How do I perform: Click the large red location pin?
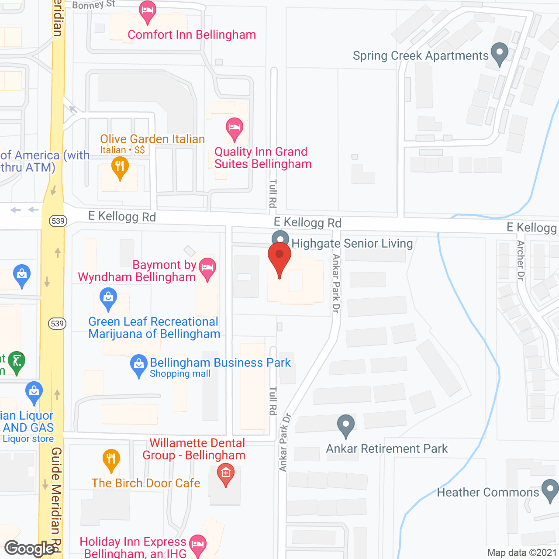pyautogui.click(x=279, y=258)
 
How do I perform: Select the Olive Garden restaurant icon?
pyautogui.click(x=120, y=167)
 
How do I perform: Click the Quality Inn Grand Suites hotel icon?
pyautogui.click(x=235, y=129)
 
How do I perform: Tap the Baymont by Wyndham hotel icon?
pyautogui.click(x=207, y=268)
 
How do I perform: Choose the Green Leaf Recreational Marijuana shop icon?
pyautogui.click(x=108, y=298)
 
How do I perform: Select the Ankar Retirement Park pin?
pyautogui.click(x=346, y=425)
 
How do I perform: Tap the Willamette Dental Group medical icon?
pyautogui.click(x=225, y=474)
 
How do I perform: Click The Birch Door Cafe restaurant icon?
pyautogui.click(x=111, y=460)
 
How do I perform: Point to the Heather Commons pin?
pyautogui.click(x=550, y=490)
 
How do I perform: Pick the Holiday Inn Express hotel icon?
pyautogui.click(x=198, y=545)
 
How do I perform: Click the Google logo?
pyautogui.click(x=29, y=549)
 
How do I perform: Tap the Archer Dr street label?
pyautogui.click(x=520, y=260)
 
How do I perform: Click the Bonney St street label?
pyautogui.click(x=93, y=5)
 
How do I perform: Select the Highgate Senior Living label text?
pyautogui.click(x=352, y=243)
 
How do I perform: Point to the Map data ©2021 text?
pyautogui.click(x=522, y=552)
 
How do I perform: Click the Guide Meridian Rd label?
pyautogui.click(x=56, y=498)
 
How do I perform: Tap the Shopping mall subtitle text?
pyautogui.click(x=180, y=374)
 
